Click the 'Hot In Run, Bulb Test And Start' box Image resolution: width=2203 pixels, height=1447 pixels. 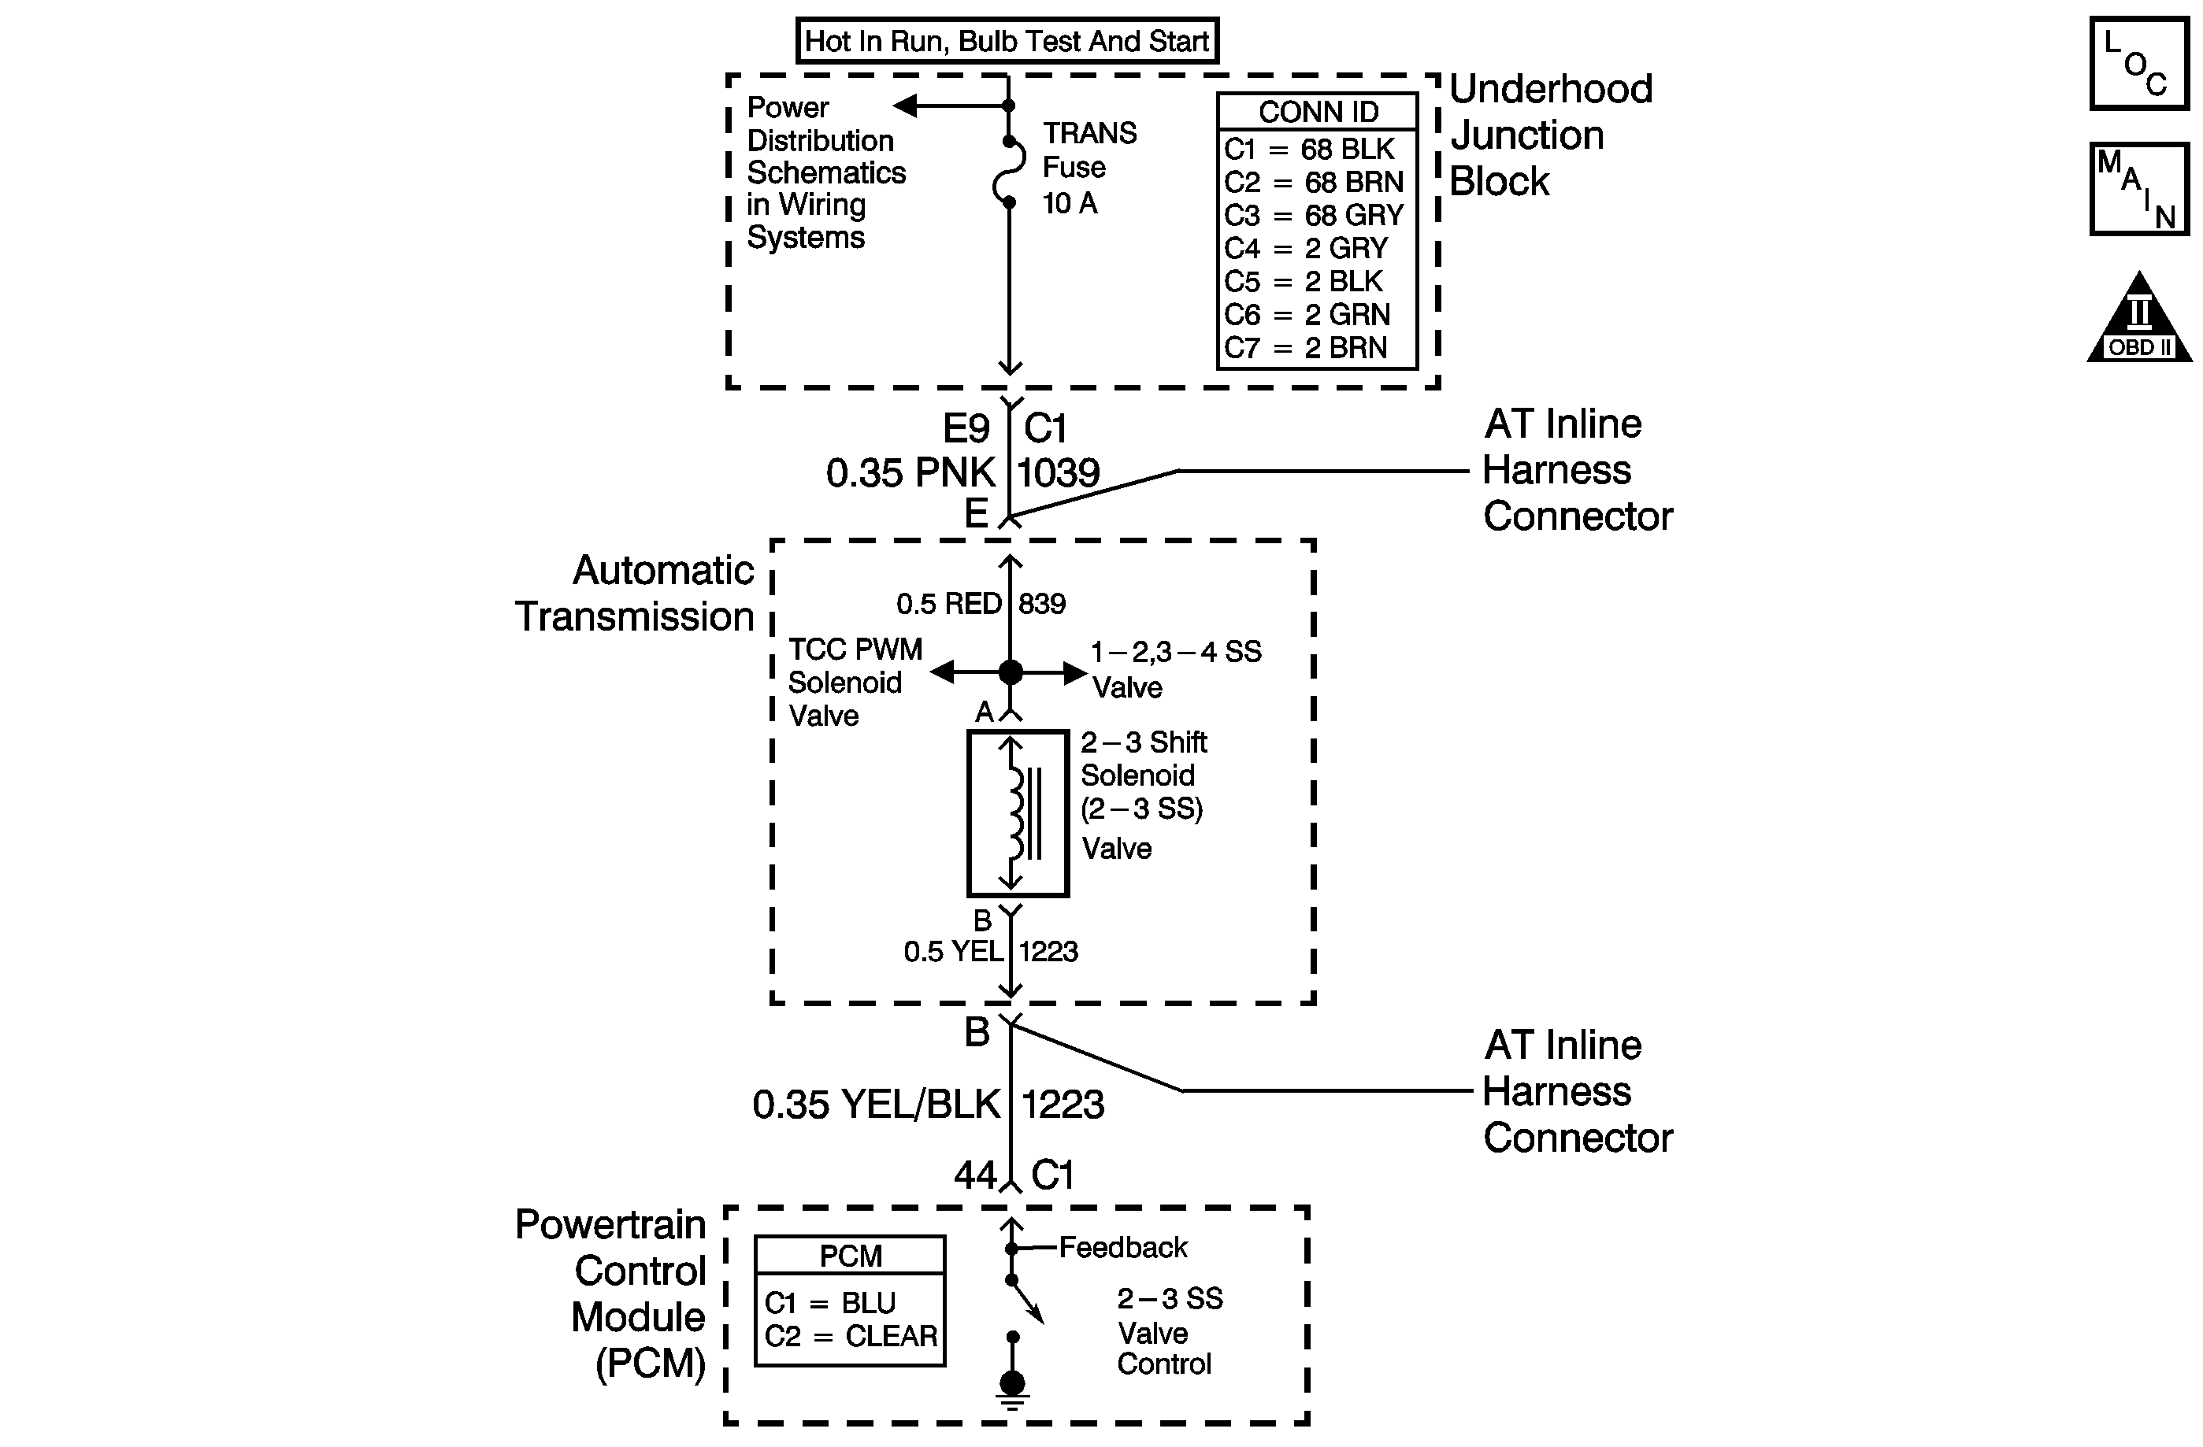[1007, 41]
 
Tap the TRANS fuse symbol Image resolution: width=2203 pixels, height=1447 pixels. [1010, 171]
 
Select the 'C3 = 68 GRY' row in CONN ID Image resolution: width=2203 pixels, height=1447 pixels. [1315, 215]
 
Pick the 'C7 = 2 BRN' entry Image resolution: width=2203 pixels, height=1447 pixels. [1306, 348]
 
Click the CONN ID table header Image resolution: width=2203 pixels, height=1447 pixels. [1318, 112]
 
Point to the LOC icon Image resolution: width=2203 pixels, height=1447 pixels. [2138, 64]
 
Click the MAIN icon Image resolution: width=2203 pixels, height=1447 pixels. [2138, 189]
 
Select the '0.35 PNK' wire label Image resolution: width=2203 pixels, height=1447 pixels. [910, 473]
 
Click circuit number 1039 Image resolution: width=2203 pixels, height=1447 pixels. [1058, 473]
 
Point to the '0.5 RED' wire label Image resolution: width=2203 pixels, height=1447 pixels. [949, 604]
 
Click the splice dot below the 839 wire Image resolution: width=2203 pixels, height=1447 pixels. [1011, 672]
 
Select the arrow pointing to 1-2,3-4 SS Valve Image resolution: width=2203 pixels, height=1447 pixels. [1074, 672]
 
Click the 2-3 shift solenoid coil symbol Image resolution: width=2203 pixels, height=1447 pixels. [1018, 813]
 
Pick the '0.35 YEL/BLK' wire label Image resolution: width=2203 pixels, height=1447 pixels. [877, 1105]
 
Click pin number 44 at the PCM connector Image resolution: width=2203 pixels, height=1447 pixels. [974, 1175]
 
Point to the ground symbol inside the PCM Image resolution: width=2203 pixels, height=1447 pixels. [1013, 1387]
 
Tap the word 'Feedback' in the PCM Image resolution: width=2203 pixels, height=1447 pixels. [1123, 1247]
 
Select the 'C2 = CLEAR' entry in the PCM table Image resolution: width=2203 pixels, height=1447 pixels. [851, 1336]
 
